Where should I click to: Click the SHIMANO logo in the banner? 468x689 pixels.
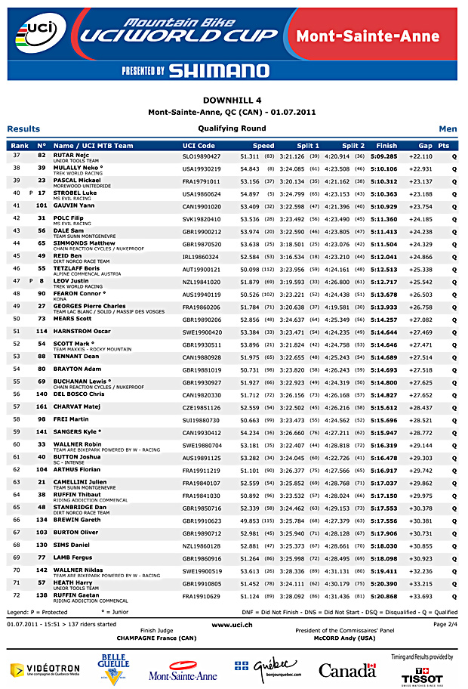coord(219,70)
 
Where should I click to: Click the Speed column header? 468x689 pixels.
coord(263,146)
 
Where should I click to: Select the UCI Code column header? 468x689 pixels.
coord(199,146)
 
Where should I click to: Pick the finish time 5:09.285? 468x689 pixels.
coord(383,156)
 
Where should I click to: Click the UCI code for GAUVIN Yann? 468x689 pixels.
coord(202,205)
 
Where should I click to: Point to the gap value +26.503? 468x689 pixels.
coord(420,295)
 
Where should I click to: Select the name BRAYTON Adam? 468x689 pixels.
coord(77,369)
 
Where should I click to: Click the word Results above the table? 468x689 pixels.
coord(23,129)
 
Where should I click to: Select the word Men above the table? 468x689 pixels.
coord(448,129)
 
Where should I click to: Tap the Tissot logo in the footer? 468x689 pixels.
coord(426,672)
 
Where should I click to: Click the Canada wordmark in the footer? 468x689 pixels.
coord(347,670)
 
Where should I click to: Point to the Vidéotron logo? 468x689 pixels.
coord(45,669)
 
